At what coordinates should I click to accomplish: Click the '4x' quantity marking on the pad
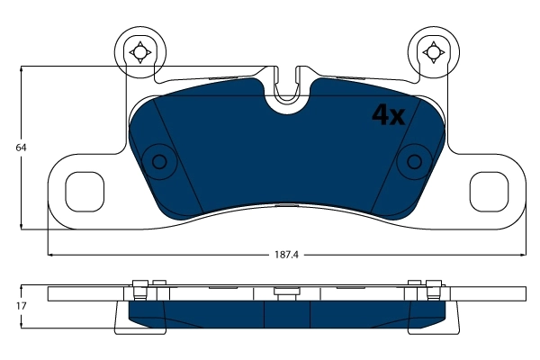(389, 114)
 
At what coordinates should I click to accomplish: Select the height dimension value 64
(10, 147)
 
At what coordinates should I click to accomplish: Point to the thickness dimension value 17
(10, 307)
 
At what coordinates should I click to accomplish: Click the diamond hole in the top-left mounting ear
(139, 52)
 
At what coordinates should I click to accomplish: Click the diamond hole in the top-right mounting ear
(433, 52)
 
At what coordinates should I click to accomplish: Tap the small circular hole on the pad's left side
(160, 162)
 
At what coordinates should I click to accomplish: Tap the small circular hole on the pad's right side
(415, 162)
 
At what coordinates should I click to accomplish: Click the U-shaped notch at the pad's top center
(288, 90)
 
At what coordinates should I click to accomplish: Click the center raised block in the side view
(287, 292)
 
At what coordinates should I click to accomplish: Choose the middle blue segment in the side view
(287, 313)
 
